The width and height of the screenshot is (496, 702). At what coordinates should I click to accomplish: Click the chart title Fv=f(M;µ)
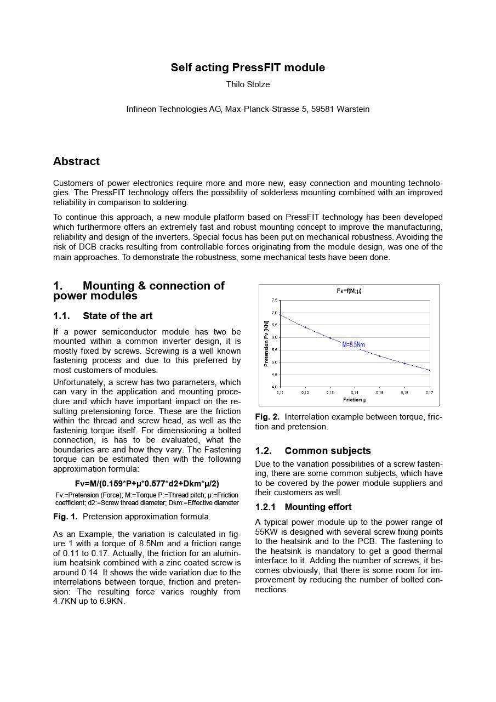(349, 291)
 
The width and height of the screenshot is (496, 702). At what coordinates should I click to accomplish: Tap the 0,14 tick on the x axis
(355, 393)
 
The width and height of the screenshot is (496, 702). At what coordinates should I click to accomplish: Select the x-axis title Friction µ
(355, 399)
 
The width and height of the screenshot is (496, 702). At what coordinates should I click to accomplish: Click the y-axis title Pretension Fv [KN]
(266, 343)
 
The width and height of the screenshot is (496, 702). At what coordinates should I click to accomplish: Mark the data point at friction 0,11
(280, 315)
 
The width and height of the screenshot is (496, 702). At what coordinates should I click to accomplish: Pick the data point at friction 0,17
(430, 370)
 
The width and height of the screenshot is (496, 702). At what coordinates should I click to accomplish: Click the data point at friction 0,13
(330, 338)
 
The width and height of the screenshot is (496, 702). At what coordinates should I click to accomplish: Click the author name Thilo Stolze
(248, 84)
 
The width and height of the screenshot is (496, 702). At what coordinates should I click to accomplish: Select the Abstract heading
(76, 161)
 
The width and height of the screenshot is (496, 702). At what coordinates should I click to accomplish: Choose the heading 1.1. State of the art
(103, 316)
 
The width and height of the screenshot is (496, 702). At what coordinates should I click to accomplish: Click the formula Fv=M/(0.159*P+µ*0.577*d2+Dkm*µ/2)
(147, 484)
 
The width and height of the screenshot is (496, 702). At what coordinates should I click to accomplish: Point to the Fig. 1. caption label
(65, 517)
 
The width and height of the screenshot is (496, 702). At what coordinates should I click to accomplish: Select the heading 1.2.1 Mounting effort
(303, 507)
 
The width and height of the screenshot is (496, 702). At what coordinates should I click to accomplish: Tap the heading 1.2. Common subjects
(313, 451)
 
